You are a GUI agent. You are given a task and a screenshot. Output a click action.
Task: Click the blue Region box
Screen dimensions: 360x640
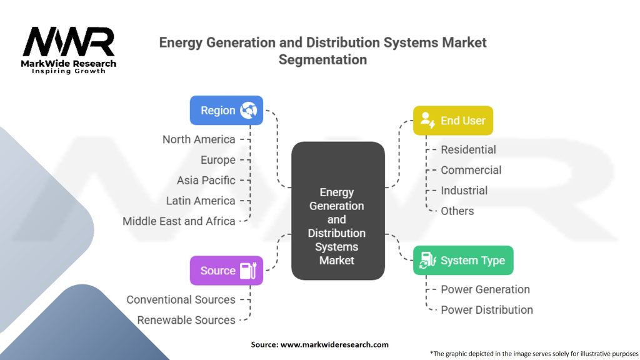click(226, 111)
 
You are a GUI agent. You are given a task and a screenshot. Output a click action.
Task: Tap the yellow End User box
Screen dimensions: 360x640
click(452, 121)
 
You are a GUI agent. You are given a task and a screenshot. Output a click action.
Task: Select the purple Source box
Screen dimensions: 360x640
click(226, 271)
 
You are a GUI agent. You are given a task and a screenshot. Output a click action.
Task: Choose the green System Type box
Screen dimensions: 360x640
click(462, 260)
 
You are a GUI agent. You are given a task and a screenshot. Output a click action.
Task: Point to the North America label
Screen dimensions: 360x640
click(199, 139)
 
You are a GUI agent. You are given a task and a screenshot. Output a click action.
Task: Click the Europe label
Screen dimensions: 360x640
click(218, 160)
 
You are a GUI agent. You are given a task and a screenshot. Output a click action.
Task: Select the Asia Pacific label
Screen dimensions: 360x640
click(206, 180)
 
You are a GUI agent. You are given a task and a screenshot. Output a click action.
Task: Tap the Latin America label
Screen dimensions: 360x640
click(201, 201)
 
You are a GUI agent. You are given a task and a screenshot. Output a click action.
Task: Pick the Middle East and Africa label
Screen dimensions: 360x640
click(179, 221)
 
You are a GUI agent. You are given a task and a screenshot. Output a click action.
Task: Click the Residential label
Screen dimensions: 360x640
click(468, 149)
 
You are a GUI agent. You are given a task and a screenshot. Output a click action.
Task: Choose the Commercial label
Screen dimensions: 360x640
click(471, 170)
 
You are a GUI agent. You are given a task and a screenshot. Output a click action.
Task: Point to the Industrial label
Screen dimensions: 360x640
click(464, 191)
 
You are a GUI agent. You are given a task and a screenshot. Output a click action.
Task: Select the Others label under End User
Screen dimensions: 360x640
click(457, 211)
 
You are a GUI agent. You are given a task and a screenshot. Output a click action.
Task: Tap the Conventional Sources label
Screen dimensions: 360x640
click(181, 299)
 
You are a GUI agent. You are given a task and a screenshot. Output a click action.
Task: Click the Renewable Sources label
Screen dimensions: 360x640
click(186, 320)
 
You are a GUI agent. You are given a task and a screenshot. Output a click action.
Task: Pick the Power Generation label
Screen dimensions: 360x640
click(485, 289)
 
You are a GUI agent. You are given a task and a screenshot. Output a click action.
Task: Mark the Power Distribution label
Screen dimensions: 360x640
click(487, 309)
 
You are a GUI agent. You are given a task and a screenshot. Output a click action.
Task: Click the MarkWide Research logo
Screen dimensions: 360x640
click(69, 51)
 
